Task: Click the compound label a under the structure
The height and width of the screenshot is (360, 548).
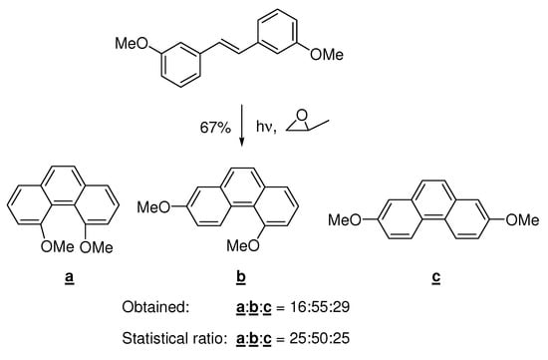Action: pyautogui.click(x=70, y=268)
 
